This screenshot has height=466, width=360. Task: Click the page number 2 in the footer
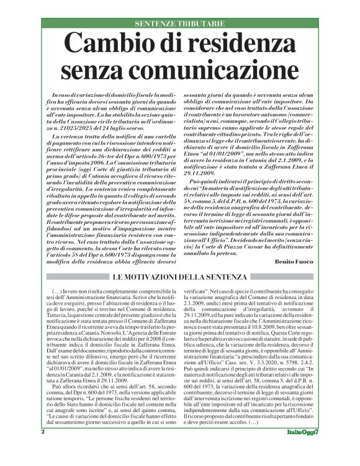(43, 448)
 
